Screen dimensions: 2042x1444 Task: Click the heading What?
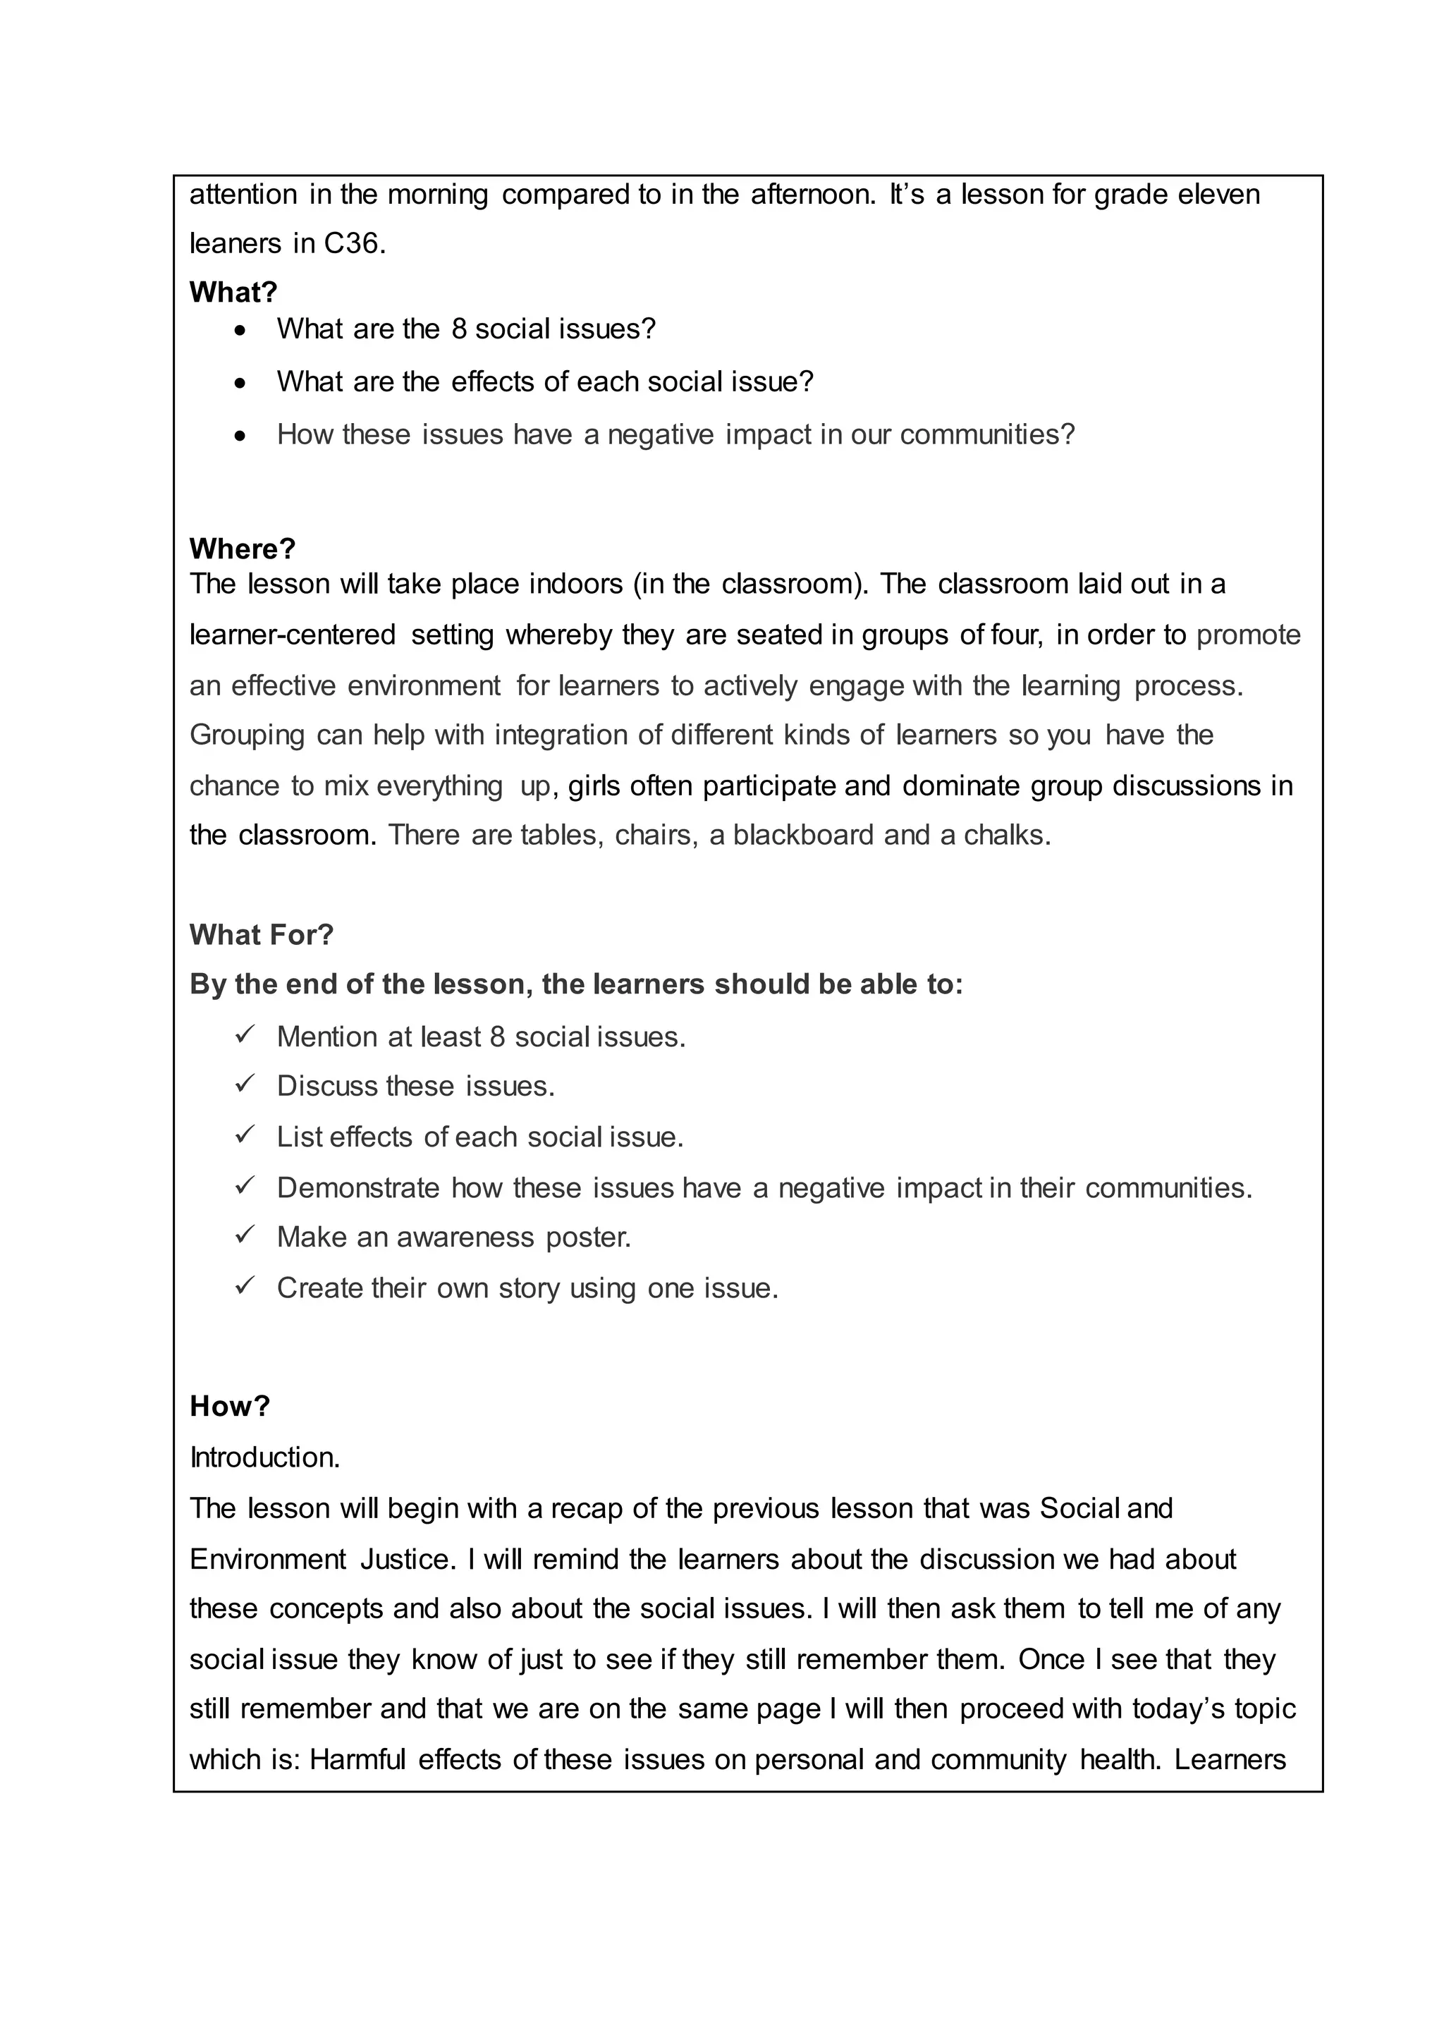tap(233, 292)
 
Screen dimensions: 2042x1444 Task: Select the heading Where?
tap(242, 549)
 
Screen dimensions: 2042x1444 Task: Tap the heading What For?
tap(262, 935)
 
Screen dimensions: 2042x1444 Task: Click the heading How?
tap(229, 1406)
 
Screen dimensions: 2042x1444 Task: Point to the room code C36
tap(353, 244)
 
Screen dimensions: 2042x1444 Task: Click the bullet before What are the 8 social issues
tap(240, 331)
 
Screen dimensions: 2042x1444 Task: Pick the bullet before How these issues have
tap(240, 436)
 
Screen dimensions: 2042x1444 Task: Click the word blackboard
tap(803, 835)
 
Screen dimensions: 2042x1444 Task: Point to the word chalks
tap(1007, 835)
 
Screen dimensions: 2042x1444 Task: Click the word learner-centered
tap(293, 635)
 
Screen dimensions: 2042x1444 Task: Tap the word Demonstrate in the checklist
tap(358, 1188)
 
